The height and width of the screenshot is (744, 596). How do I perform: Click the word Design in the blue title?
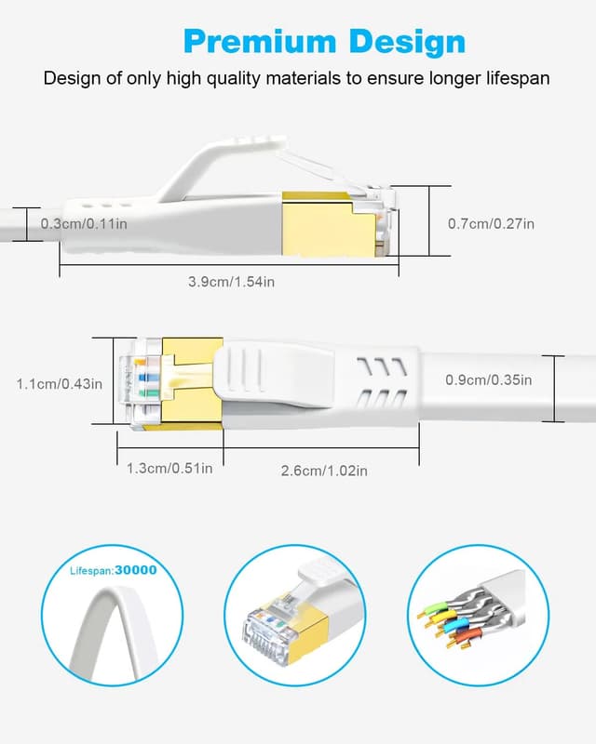[407, 42]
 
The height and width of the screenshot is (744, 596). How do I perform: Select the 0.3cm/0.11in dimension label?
[85, 223]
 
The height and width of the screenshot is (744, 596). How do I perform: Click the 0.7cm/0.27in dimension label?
[491, 223]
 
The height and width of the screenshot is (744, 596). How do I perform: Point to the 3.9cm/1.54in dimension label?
[231, 281]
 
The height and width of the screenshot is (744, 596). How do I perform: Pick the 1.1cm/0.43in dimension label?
[60, 383]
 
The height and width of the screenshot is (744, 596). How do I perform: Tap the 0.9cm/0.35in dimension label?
[489, 379]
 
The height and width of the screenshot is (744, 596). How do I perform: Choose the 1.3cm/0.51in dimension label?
[169, 468]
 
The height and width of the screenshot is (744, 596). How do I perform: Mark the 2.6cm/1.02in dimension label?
[324, 471]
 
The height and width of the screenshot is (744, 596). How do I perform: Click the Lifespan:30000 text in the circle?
[114, 570]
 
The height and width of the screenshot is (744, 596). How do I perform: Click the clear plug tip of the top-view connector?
[135, 381]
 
